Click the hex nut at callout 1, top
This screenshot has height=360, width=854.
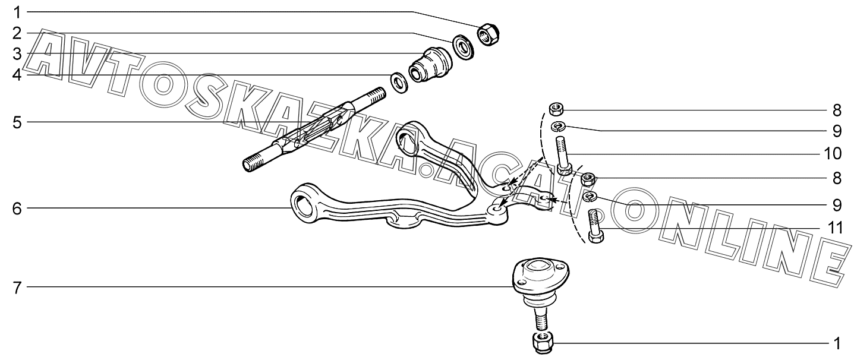tap(489, 34)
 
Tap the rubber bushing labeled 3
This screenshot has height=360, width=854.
tap(431, 65)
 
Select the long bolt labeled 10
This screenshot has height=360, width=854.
tap(564, 154)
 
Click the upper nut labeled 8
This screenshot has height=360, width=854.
tap(556, 109)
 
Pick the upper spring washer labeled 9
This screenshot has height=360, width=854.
tap(557, 126)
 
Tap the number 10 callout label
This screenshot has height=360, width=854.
tap(831, 154)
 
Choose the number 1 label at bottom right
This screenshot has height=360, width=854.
tap(836, 343)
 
